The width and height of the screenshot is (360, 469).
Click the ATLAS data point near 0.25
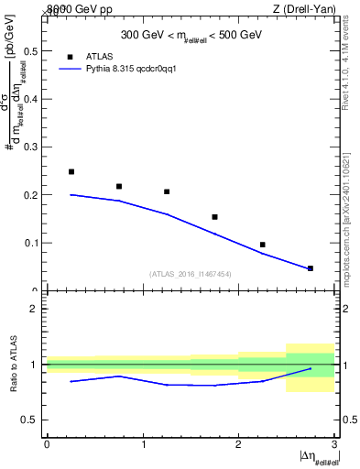pos(71,171)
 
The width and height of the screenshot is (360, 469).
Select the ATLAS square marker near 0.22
pos(119,186)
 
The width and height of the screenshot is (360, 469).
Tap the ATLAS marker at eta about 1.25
pos(167,191)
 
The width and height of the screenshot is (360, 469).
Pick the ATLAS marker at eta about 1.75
pos(214,217)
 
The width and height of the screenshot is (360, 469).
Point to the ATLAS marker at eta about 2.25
pos(262,245)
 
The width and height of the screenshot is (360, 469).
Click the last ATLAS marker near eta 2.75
pos(311,268)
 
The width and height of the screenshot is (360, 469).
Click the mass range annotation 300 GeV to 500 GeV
pos(191,36)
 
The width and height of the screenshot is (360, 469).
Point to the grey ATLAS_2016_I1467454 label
pos(191,274)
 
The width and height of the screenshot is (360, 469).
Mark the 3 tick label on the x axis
pos(335,444)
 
